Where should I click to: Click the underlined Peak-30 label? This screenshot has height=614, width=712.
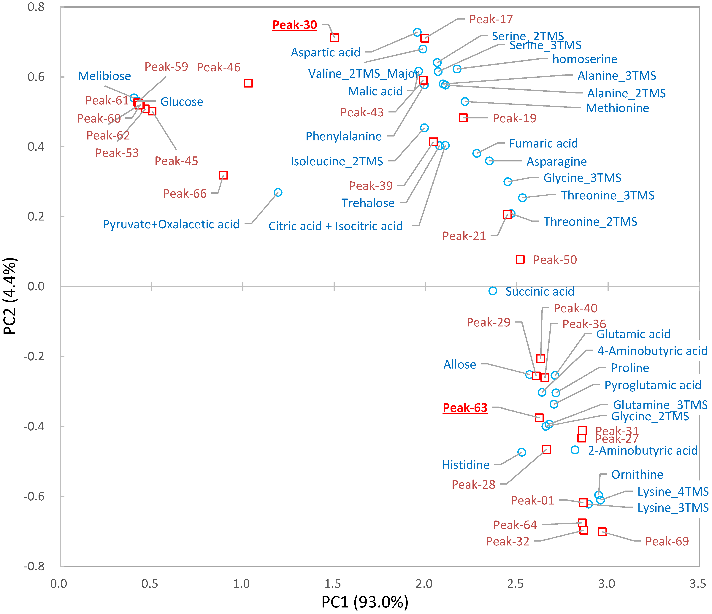pos(294,25)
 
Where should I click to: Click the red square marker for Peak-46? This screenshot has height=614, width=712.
pos(248,83)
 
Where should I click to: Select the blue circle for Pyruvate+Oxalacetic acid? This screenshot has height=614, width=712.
pos(278,192)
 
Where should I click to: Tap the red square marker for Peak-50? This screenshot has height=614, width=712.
pos(520,259)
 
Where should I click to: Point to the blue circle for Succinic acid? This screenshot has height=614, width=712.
pos(493,291)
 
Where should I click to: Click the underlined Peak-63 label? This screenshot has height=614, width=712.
pos(465,408)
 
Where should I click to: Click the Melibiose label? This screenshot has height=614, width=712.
pos(104,76)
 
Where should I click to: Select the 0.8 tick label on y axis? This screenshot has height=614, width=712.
pos(36,7)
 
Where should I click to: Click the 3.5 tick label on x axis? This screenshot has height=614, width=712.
pos(698,584)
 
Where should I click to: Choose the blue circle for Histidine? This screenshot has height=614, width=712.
pos(522,452)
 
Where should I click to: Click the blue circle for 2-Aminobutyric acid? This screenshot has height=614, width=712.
pos(575,450)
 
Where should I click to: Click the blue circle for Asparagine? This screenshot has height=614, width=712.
pos(489,161)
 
